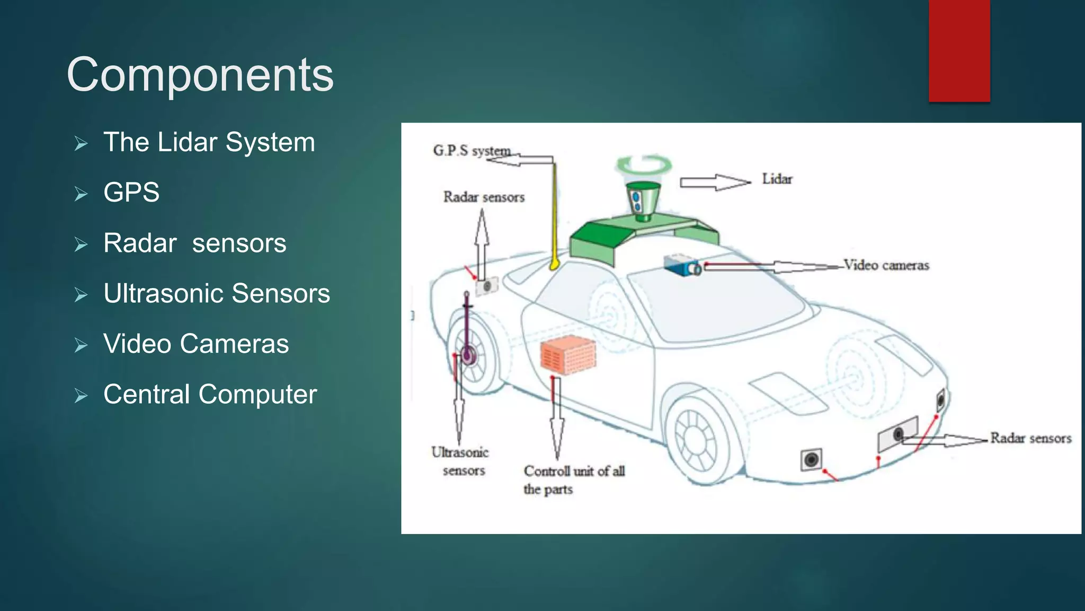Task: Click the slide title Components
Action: [x=200, y=75]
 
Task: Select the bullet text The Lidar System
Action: [x=209, y=142]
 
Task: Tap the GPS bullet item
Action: [x=131, y=192]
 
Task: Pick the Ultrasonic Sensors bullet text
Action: [x=217, y=293]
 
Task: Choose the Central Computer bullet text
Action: [x=210, y=394]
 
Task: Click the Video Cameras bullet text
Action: [x=196, y=344]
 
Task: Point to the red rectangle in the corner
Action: [x=959, y=50]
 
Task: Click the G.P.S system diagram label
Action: [x=472, y=151]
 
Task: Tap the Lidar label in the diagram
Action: [x=777, y=179]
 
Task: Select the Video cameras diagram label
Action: [x=886, y=265]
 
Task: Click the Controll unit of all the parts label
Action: [x=574, y=479]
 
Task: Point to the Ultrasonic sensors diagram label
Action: [x=460, y=461]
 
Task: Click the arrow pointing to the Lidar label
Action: [x=715, y=182]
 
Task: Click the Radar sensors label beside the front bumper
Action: [x=1030, y=438]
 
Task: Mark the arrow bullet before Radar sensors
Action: [x=81, y=244]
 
